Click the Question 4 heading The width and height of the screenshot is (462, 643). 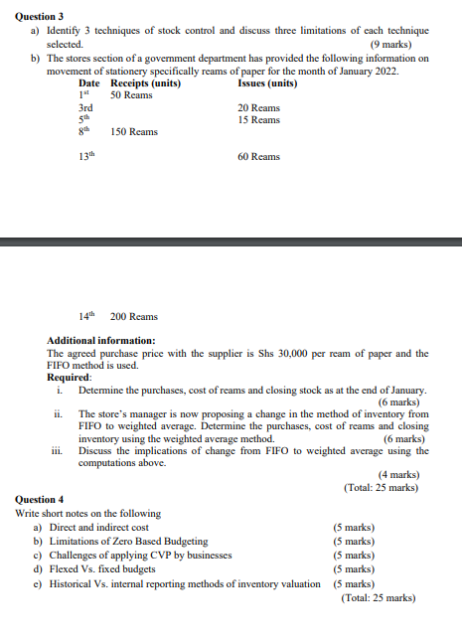[x=40, y=499]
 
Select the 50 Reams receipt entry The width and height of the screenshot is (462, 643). [x=131, y=95]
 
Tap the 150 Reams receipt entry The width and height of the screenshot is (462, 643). [x=134, y=132]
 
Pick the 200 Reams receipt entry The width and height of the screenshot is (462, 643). [x=134, y=317]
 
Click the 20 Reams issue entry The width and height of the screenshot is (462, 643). [x=259, y=107]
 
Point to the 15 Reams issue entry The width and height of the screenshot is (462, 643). [x=259, y=120]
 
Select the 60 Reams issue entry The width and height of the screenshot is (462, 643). [x=259, y=157]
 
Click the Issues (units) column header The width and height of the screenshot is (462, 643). [x=267, y=83]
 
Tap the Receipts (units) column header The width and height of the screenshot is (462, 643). [x=145, y=83]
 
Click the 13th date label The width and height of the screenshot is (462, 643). [x=87, y=156]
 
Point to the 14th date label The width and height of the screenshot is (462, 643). [x=87, y=316]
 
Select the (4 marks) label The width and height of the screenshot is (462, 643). [x=398, y=475]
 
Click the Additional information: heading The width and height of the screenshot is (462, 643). [x=100, y=341]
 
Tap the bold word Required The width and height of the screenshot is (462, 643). [x=69, y=378]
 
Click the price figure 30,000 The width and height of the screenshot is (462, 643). [x=324, y=354]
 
